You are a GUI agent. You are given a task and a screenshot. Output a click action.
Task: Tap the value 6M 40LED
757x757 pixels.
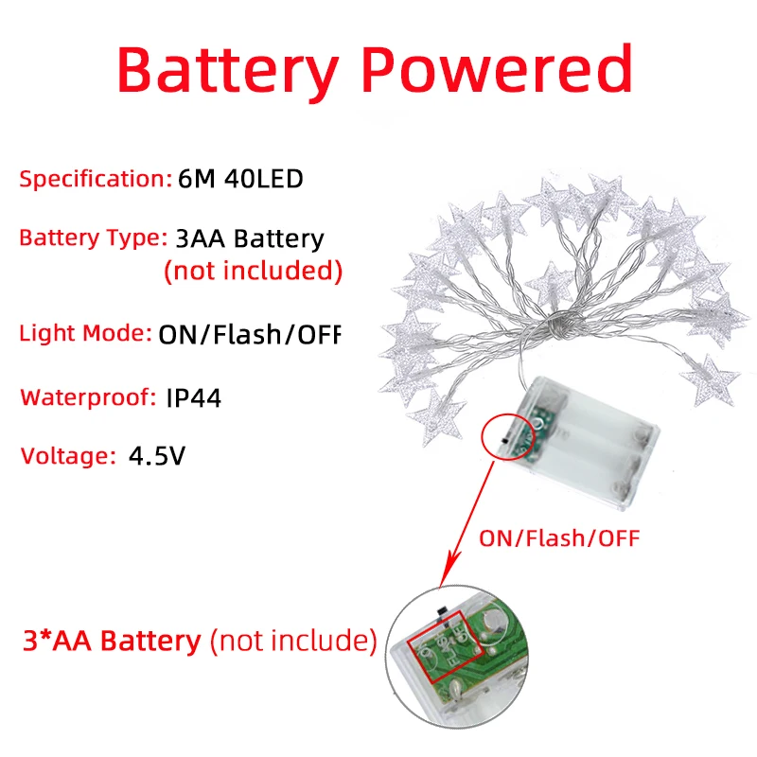click(x=240, y=178)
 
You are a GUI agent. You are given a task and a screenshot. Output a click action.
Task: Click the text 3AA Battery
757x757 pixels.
click(x=244, y=238)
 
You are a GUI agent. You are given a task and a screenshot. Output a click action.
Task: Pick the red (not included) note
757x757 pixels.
click(x=253, y=271)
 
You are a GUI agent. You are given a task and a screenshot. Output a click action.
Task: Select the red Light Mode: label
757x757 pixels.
click(x=85, y=333)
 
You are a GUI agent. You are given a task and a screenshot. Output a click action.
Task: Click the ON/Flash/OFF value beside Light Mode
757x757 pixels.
click(x=248, y=333)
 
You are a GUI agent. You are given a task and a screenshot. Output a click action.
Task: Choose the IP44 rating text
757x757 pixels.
click(x=193, y=397)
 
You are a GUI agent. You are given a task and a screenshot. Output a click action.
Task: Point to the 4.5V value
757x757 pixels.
click(x=157, y=455)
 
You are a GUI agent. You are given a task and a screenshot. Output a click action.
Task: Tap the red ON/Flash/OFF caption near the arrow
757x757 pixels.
click(x=559, y=539)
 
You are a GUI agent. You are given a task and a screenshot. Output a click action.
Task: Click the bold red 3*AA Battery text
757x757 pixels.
click(x=112, y=641)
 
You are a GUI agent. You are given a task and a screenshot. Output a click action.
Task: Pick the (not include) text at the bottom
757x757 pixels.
click(x=292, y=641)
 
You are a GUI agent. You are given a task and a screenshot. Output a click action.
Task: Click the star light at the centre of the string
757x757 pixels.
click(x=550, y=283)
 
